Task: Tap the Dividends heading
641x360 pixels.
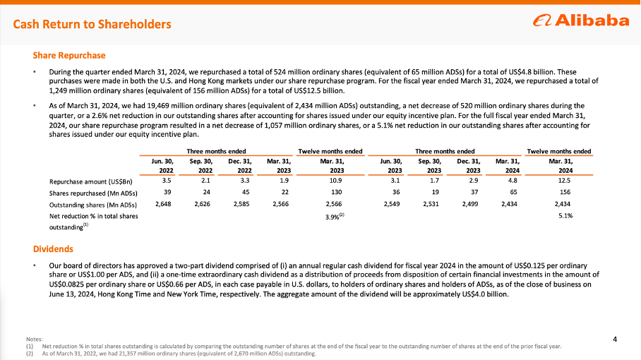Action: click(x=53, y=248)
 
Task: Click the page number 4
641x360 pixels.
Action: click(x=616, y=340)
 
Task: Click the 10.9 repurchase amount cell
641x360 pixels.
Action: click(x=337, y=181)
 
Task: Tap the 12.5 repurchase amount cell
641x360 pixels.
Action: click(x=565, y=181)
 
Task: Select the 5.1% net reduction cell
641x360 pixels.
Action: click(x=565, y=215)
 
